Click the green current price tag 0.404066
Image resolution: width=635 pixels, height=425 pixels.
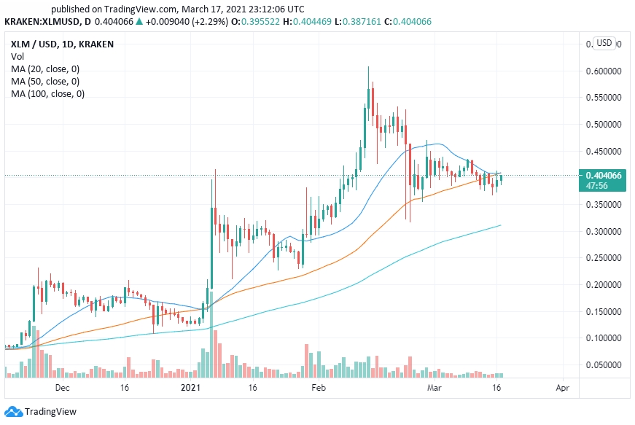604,175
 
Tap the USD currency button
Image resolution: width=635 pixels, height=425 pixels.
604,43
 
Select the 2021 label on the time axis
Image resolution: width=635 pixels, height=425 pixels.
190,389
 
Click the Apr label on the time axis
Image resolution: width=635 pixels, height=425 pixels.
562,389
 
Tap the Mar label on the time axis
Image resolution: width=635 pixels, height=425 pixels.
435,389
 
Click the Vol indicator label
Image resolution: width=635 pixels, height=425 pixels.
18,56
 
